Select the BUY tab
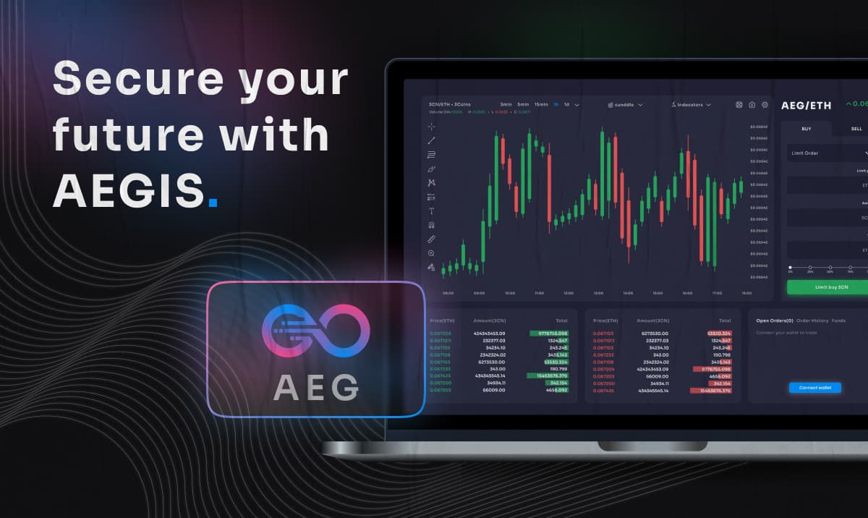[806, 129]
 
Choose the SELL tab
[856, 129]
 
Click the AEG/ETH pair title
[806, 106]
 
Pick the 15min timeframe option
[541, 105]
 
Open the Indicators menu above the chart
[691, 105]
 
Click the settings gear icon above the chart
[765, 105]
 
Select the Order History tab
[812, 320]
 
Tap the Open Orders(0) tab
[774, 320]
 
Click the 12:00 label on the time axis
[568, 293]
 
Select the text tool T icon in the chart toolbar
[432, 211]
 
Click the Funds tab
[838, 320]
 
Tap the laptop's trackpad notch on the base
[652, 446]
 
